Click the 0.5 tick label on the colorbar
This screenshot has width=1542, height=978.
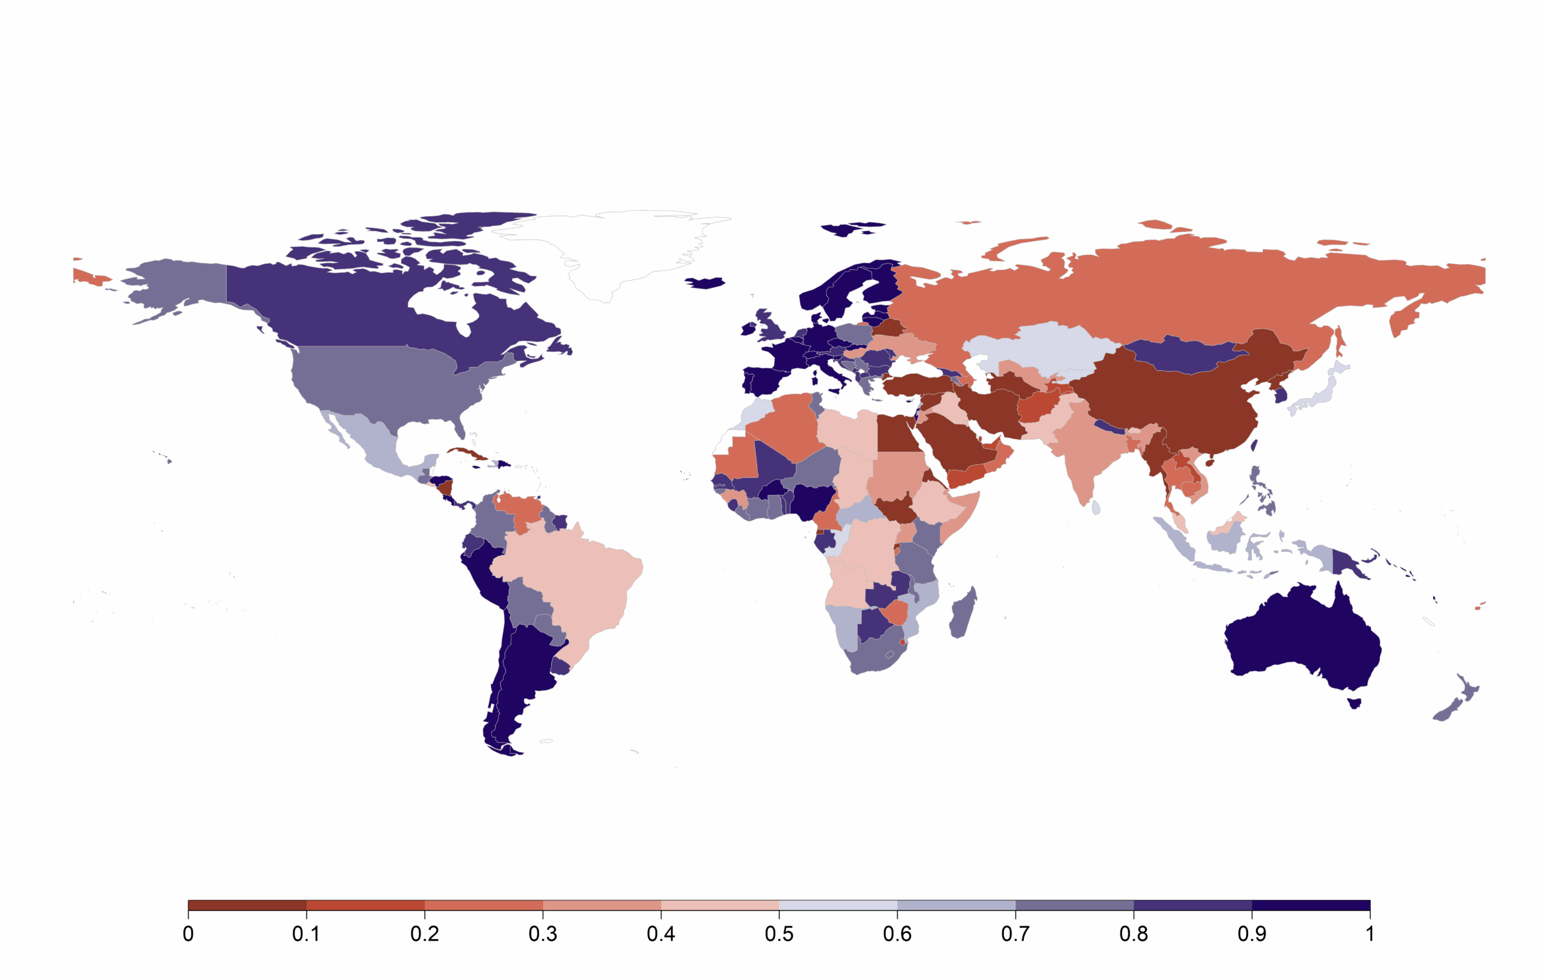point(779,935)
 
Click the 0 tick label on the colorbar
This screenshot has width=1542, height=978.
point(189,935)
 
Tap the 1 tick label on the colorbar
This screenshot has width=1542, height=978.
point(1370,935)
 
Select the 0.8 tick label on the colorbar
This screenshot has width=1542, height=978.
point(1134,935)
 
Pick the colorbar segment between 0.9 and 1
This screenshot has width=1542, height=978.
point(1311,906)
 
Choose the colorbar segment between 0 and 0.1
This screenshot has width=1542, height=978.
point(247,906)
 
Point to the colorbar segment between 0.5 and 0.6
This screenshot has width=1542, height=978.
point(838,906)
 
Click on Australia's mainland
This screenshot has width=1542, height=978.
point(1300,640)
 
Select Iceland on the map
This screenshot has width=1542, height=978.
point(704,283)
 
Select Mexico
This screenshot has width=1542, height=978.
point(372,441)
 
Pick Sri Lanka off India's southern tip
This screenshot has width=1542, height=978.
point(1096,508)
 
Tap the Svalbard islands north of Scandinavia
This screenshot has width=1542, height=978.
point(852,228)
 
